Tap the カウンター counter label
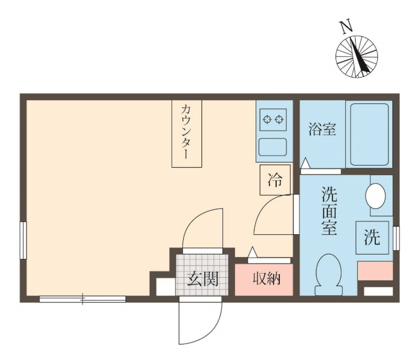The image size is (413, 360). point(187,133)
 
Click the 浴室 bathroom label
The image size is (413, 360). point(322,129)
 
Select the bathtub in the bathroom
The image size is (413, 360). point(370,134)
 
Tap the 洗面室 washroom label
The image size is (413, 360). point(330,211)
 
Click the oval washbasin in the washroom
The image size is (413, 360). point(376,196)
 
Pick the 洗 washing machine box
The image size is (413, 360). point(373,237)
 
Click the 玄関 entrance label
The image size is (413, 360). point(202,280)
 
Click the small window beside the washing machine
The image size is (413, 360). point(396,238)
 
